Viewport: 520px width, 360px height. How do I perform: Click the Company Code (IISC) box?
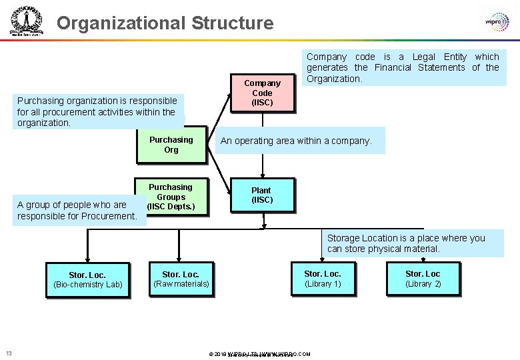(262, 93)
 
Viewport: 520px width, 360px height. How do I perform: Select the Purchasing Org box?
(171, 145)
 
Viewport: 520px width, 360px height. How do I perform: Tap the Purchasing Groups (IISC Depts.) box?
(171, 197)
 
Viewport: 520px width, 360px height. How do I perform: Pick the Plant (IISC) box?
(261, 195)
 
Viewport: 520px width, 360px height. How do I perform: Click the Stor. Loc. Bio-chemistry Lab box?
(87, 279)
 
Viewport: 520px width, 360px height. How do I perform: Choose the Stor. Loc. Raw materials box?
(181, 279)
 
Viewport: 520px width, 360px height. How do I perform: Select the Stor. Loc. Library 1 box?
(323, 278)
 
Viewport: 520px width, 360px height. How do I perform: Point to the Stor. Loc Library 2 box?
(423, 278)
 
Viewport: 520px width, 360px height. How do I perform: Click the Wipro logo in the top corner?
(497, 21)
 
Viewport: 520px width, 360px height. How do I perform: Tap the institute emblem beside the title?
(26, 21)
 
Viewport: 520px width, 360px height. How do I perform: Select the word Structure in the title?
(233, 23)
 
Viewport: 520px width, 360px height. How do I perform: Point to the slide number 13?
(9, 353)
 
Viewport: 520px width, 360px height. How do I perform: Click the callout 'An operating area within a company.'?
(300, 141)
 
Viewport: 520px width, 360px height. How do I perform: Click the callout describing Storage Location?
(406, 243)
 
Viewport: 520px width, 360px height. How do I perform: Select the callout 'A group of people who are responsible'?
(77, 210)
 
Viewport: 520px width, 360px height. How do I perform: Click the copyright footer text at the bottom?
(259, 354)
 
